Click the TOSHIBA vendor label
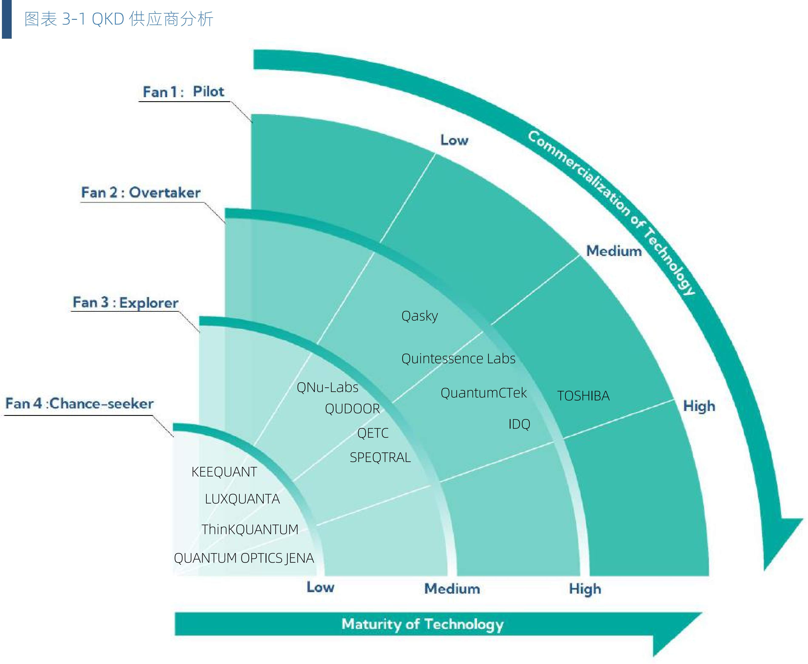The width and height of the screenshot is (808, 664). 583,396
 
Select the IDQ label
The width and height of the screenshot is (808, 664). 519,424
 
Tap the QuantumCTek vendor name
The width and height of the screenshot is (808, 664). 484,393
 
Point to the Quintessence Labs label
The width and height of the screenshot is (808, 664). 458,358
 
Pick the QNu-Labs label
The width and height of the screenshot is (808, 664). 327,387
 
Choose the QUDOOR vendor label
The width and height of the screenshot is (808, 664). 352,409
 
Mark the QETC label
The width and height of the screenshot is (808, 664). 373,433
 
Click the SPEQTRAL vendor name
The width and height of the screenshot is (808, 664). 380,458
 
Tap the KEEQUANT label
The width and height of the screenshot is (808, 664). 224,472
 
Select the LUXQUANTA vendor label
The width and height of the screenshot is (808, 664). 242,499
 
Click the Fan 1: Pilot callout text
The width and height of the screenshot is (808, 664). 183,92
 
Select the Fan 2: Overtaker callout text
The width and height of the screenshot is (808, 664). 141,192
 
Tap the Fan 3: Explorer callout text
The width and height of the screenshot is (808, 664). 125,303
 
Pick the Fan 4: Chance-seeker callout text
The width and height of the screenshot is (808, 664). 79,404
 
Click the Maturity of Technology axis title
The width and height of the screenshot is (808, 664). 422,624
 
